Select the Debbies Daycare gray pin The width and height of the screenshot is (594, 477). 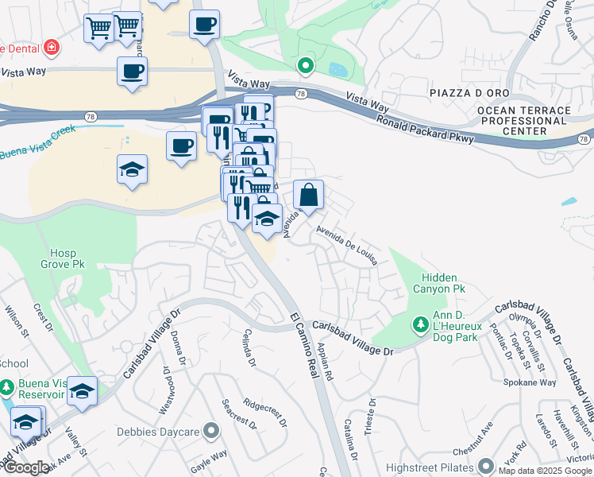point(211,432)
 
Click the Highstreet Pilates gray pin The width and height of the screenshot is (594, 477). point(486,465)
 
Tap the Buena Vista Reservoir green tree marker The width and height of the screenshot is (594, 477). point(7,388)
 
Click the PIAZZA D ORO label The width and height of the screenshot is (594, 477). point(463,94)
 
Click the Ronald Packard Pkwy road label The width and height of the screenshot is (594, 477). point(425,127)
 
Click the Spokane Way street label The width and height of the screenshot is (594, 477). point(530,382)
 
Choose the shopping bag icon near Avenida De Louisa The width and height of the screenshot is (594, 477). point(308,193)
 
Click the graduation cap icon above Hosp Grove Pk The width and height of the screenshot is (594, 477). point(132,169)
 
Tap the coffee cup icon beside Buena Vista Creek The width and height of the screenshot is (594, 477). point(182,146)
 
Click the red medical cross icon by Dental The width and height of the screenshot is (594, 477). point(52,48)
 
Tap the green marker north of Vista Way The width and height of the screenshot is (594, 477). point(304,66)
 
